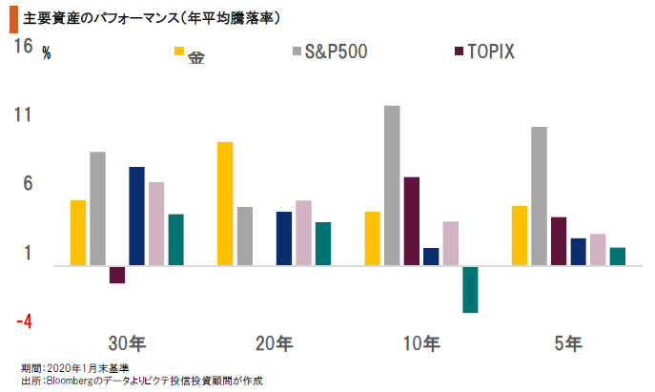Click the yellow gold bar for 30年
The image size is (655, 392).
click(x=78, y=233)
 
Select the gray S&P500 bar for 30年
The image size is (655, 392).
click(x=97, y=209)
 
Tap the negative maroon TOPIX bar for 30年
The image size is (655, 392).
click(x=117, y=275)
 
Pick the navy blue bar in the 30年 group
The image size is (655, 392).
click(x=136, y=217)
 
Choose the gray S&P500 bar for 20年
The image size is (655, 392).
click(x=244, y=237)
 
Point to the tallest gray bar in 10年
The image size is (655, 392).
click(x=392, y=186)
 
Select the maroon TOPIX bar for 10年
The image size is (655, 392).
click(x=411, y=221)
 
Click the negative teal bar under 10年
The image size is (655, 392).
click(x=470, y=289)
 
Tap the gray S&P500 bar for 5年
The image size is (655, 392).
click(x=539, y=196)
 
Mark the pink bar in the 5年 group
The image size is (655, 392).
click(x=598, y=250)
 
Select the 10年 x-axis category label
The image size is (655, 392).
click(x=420, y=342)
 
